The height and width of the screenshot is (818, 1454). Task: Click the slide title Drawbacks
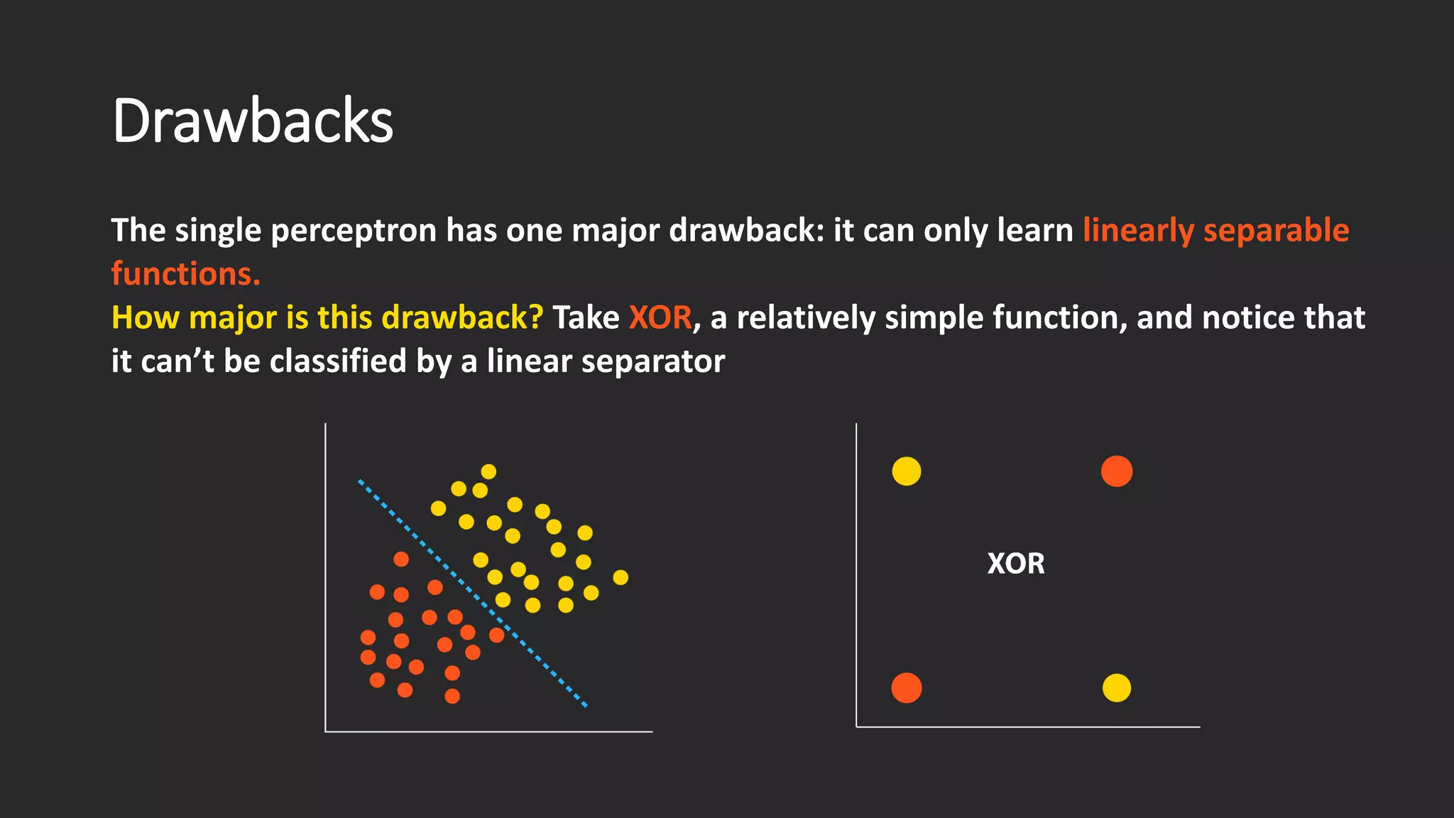pyautogui.click(x=253, y=121)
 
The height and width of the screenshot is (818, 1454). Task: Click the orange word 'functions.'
pyautogui.click(x=186, y=274)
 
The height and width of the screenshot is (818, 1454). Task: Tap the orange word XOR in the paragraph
pyautogui.click(x=660, y=317)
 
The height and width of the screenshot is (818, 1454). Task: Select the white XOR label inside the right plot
pyautogui.click(x=1015, y=564)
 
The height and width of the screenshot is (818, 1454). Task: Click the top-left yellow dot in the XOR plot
pyautogui.click(x=907, y=471)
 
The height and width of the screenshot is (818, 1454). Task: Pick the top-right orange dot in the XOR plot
pyautogui.click(x=1117, y=471)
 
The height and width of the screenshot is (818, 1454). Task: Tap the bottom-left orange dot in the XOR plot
pyautogui.click(x=907, y=688)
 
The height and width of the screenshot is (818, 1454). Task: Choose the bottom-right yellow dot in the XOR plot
pyautogui.click(x=1117, y=688)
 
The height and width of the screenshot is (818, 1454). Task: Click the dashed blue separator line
pyautogui.click(x=472, y=593)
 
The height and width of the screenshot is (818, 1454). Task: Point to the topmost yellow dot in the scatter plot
pyautogui.click(x=488, y=471)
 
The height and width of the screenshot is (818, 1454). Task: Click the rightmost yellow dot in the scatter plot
pyautogui.click(x=621, y=577)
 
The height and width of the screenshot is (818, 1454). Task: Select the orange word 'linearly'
pyautogui.click(x=1138, y=231)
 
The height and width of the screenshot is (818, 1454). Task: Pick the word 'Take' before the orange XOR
pyautogui.click(x=586, y=317)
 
